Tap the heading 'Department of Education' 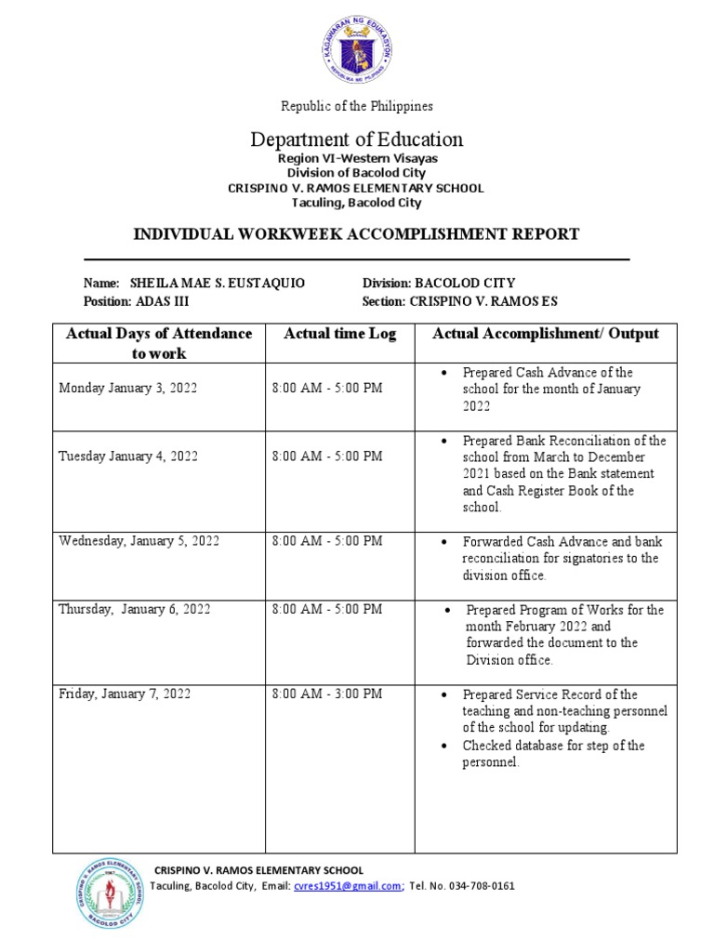coord(357,139)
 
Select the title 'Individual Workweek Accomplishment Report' coord(357,234)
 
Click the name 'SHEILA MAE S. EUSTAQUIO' coord(217,283)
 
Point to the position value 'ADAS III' coord(161,301)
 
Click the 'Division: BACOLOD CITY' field coord(438,283)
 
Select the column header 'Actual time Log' coord(339,334)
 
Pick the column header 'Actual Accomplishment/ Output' coord(546,334)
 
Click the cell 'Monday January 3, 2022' coord(127,389)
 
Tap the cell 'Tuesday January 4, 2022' coord(127,456)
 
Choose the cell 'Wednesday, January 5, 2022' coord(139,541)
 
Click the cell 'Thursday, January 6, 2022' coord(135,609)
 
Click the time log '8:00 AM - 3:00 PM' coord(326,694)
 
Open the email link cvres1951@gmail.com coord(347,886)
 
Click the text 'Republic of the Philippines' coord(357,106)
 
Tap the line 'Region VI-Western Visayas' coord(357,159)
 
